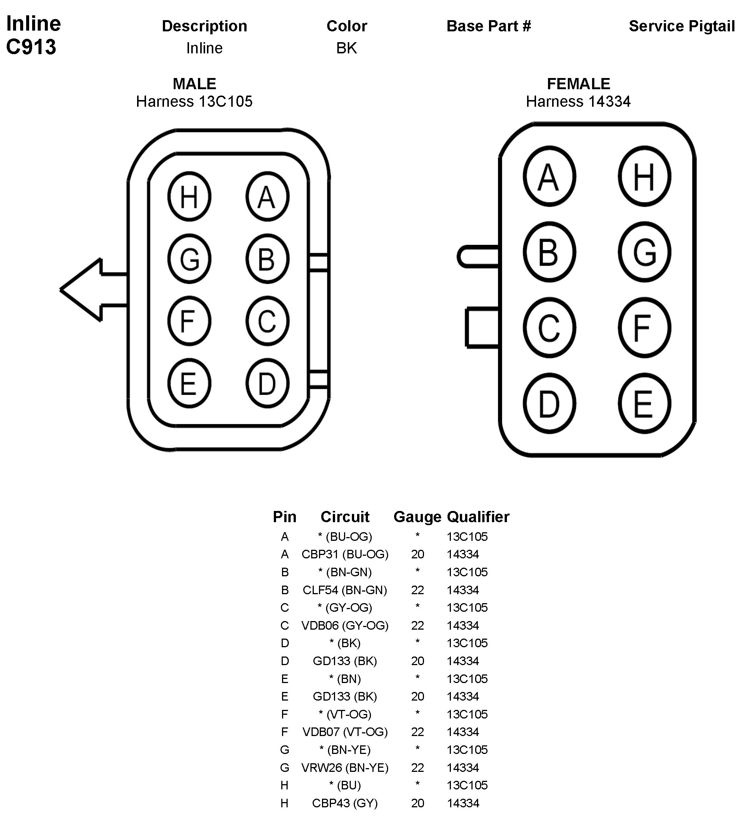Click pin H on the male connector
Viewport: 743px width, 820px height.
(x=189, y=196)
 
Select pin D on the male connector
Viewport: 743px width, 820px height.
(x=267, y=383)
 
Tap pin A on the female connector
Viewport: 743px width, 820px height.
(x=549, y=177)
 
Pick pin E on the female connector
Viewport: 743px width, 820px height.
(x=644, y=403)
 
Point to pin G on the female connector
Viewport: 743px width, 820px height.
(x=644, y=252)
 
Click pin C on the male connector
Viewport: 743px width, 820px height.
(x=267, y=321)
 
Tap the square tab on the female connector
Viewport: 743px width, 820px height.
(x=482, y=328)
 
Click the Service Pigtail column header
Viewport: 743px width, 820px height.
(x=681, y=26)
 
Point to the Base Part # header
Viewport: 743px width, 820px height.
(x=489, y=26)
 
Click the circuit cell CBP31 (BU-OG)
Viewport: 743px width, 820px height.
(x=345, y=554)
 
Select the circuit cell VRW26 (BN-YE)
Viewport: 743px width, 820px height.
(x=345, y=767)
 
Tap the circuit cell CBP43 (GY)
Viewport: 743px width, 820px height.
(x=345, y=803)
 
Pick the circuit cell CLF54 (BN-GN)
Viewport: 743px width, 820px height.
(x=345, y=590)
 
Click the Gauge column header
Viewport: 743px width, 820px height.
(x=417, y=517)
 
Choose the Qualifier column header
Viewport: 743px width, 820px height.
(x=478, y=517)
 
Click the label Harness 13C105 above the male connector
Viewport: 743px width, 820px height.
(x=194, y=101)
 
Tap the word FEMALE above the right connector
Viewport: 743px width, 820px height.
(x=578, y=84)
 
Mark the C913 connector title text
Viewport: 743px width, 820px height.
(x=31, y=47)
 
